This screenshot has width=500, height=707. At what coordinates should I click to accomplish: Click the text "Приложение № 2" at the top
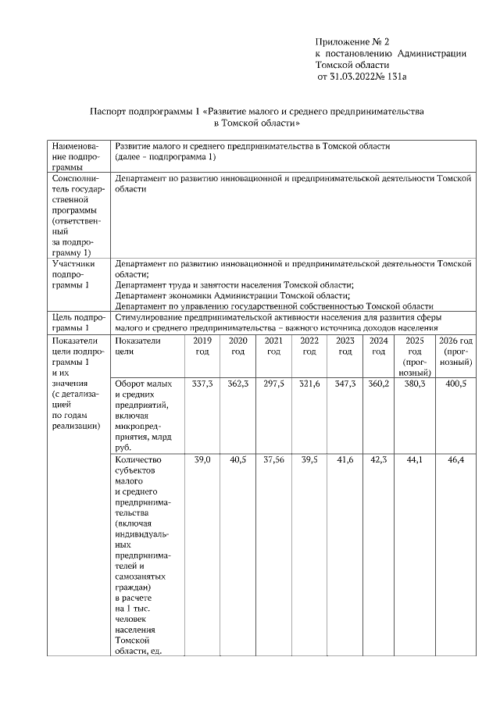pyautogui.click(x=352, y=41)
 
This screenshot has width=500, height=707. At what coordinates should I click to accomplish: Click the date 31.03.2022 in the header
pyautogui.click(x=351, y=77)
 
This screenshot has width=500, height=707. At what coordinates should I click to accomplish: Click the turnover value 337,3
pyautogui.click(x=202, y=384)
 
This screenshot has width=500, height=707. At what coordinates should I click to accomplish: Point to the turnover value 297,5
pyautogui.click(x=273, y=384)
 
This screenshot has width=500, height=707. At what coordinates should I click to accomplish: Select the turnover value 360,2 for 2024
pyautogui.click(x=379, y=384)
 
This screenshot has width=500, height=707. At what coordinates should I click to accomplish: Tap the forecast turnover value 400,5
pyautogui.click(x=455, y=384)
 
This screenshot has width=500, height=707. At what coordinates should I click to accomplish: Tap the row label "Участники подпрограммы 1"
pyautogui.click(x=71, y=275)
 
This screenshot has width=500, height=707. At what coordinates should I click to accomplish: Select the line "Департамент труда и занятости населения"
pyautogui.click(x=234, y=285)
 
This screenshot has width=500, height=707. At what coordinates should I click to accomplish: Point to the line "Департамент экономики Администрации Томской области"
pyautogui.click(x=231, y=296)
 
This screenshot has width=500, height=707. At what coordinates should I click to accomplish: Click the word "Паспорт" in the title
pyautogui.click(x=108, y=112)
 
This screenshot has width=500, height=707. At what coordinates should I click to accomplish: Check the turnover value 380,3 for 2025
pyautogui.click(x=415, y=384)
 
